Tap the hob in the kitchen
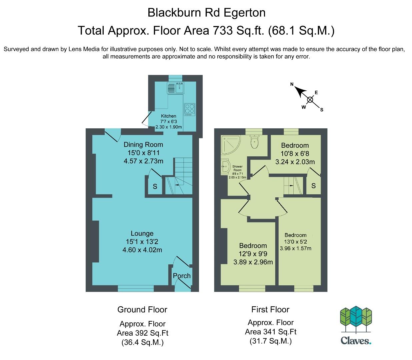[x=189, y=110]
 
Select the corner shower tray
[x=231, y=145]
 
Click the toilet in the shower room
[x=255, y=142]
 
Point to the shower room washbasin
[x=225, y=167]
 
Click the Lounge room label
[x=142, y=233]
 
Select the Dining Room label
[x=143, y=145]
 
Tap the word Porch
[x=182, y=276]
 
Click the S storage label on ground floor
[x=155, y=186]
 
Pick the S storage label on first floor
[x=314, y=186]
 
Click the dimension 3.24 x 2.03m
[x=295, y=162]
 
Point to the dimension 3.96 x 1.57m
[x=296, y=248]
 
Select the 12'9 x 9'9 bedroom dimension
[x=253, y=254]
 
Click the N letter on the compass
[x=292, y=84]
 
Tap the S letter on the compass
[x=322, y=110]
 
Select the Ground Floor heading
[x=142, y=309]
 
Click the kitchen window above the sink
[x=175, y=78]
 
